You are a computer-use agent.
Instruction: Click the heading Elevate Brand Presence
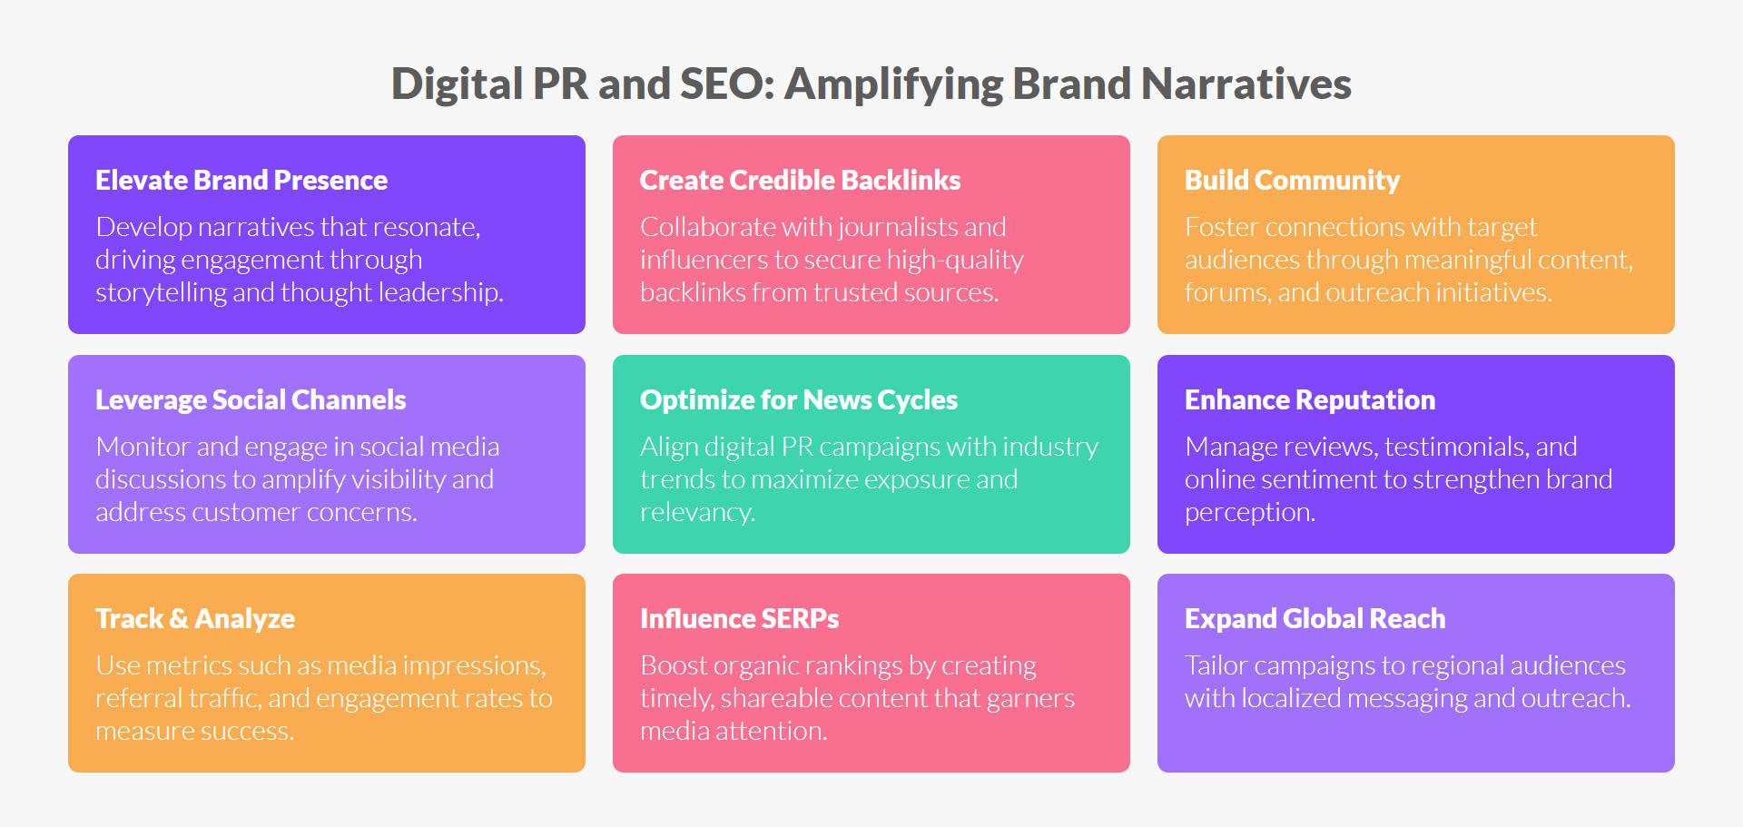coord(241,180)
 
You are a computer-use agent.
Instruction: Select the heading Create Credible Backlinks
coord(800,180)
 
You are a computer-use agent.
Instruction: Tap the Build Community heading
coord(1292,180)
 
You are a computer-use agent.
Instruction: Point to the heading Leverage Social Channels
coord(251,399)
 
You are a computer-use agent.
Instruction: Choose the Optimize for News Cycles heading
coord(799,399)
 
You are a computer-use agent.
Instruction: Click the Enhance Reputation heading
coord(1310,399)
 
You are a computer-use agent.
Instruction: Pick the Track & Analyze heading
coord(195,618)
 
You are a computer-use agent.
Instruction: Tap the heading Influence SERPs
coord(739,618)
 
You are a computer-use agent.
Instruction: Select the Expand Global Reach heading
coord(1315,618)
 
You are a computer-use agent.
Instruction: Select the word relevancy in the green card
coord(696,512)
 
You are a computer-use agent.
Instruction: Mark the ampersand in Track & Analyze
coord(179,619)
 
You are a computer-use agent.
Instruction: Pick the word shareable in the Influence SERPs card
coord(785,698)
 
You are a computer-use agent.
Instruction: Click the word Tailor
coord(1216,665)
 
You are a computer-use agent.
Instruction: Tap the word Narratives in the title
coord(1246,84)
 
